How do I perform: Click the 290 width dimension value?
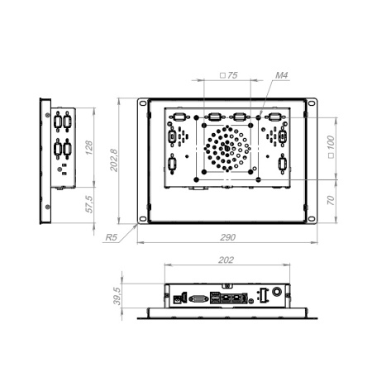coord(227,237)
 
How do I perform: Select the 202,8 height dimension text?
coord(113,160)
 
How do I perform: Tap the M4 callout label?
coord(282,75)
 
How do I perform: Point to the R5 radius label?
coord(112,237)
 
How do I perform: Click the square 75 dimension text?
coord(229,75)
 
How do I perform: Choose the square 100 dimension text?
coord(331,146)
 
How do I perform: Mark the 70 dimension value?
coord(331,200)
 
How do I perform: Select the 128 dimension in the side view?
coord(88,147)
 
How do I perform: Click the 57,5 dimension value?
coord(88,204)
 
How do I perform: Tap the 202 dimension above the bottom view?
coord(226,260)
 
